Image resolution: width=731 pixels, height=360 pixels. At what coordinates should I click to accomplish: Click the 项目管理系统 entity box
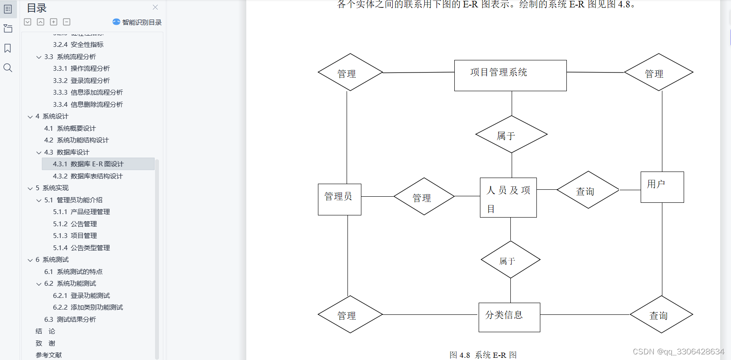[510, 75]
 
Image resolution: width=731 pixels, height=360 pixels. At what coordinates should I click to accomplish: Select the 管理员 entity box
[339, 199]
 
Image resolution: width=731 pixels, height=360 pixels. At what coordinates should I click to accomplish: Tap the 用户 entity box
[662, 187]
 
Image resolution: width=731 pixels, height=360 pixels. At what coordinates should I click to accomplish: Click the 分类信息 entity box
[509, 317]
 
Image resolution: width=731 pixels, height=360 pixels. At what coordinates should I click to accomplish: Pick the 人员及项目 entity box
[508, 197]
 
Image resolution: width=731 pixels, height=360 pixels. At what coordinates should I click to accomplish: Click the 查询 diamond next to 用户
[588, 190]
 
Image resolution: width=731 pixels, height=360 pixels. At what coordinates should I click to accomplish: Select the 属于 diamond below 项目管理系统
[511, 134]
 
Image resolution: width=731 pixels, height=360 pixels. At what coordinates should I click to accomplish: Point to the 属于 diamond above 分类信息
[510, 260]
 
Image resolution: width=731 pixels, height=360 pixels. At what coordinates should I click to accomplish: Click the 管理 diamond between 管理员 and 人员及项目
[424, 196]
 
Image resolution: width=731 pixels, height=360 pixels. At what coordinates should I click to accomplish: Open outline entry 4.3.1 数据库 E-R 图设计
[88, 164]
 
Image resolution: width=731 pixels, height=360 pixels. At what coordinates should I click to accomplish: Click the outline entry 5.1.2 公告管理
[75, 224]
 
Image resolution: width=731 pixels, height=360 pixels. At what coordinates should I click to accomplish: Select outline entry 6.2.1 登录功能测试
[81, 296]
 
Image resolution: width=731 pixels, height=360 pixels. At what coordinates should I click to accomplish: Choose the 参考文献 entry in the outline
[49, 355]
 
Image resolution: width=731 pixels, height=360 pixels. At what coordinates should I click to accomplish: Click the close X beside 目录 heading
[155, 7]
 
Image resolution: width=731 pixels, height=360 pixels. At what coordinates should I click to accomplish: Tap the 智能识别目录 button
[137, 22]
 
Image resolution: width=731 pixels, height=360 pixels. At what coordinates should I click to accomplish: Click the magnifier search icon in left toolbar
[8, 68]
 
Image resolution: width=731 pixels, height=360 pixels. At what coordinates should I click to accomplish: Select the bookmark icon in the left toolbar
[8, 48]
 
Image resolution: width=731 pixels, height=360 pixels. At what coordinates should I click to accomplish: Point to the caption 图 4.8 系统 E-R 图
[483, 355]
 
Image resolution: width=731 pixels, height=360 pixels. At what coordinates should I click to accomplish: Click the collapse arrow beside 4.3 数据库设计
[39, 152]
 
